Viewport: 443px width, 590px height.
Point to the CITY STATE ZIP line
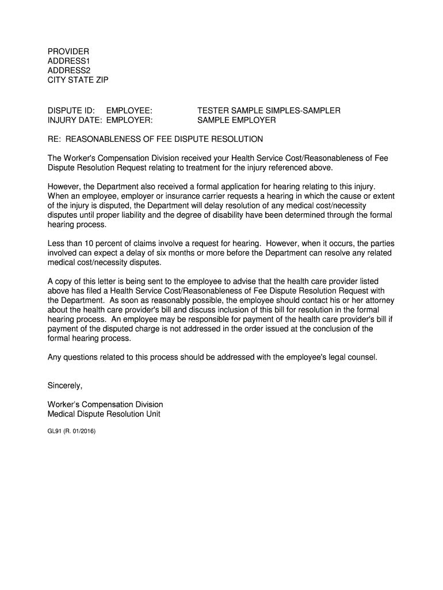coord(78,80)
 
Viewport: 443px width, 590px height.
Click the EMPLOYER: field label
coord(129,120)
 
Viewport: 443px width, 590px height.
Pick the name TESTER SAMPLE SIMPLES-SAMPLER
coord(269,110)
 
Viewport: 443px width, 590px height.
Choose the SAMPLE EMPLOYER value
coord(236,120)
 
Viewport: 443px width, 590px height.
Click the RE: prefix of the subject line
coord(55,139)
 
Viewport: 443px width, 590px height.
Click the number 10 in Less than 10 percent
coord(90,244)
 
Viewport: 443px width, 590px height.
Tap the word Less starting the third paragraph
coord(56,244)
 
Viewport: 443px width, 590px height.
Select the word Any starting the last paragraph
coord(55,357)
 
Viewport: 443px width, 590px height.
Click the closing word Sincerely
coord(65,385)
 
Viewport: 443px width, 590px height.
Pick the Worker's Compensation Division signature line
coord(105,404)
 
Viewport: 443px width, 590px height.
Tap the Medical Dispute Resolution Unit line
coord(104,414)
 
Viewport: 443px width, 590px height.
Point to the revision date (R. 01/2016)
coord(81,430)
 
